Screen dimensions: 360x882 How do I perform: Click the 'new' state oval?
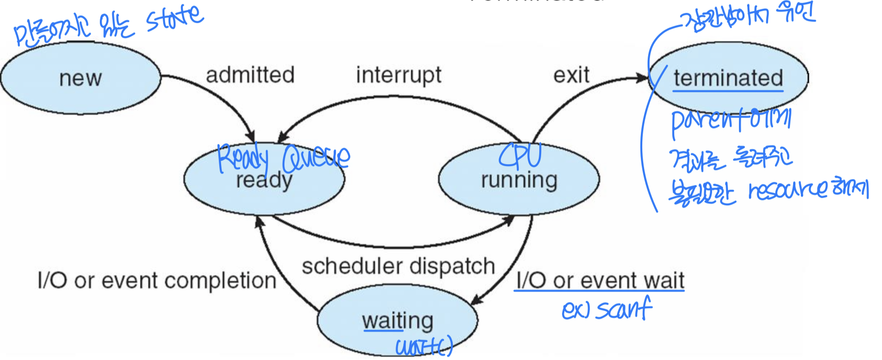[x=80, y=78]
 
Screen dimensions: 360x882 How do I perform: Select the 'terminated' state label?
[x=728, y=78]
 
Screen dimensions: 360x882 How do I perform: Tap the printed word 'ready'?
[x=264, y=181]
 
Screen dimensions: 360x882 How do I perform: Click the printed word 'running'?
[x=519, y=180]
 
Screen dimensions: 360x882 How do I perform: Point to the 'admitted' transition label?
[x=250, y=75]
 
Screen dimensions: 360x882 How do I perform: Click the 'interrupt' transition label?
[x=398, y=75]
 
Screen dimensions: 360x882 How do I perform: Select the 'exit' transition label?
[x=571, y=75]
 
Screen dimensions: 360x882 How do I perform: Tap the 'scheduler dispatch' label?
[x=398, y=266]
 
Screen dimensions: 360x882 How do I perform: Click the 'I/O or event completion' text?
[x=157, y=281]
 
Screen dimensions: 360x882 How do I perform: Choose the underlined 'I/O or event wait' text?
[x=600, y=281]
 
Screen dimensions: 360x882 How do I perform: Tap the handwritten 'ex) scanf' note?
[x=606, y=309]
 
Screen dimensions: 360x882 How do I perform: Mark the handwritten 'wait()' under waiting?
[x=424, y=346]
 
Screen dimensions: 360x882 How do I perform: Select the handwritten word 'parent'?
[x=704, y=122]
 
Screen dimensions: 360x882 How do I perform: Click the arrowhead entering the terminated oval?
[x=644, y=78]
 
